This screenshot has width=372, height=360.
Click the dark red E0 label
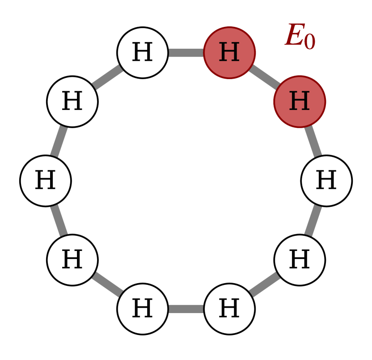coord(300,36)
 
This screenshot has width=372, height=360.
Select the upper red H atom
coord(229,53)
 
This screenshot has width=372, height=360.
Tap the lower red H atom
coord(300,102)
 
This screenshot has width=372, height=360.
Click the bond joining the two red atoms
coord(264,77)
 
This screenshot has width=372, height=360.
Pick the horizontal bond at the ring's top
coord(186,53)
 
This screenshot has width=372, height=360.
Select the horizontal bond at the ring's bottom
coord(186,309)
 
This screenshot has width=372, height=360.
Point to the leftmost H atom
coord(45,181)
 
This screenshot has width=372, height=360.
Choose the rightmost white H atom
coord(326,181)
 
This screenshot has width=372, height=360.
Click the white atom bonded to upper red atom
coord(142,53)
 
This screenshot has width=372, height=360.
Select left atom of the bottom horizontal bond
coord(142,309)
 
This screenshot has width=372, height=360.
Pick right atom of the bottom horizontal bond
coord(229,309)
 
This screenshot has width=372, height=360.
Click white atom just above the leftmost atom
coord(72,102)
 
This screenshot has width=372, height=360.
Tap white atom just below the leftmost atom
coord(72,260)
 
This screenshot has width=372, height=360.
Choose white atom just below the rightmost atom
coord(300,260)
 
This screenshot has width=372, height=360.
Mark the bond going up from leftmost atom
coord(59,141)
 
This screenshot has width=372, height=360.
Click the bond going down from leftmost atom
coord(59,220)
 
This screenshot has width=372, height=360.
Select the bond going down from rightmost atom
coord(313,220)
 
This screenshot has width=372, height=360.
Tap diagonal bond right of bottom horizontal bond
coord(264,284)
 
